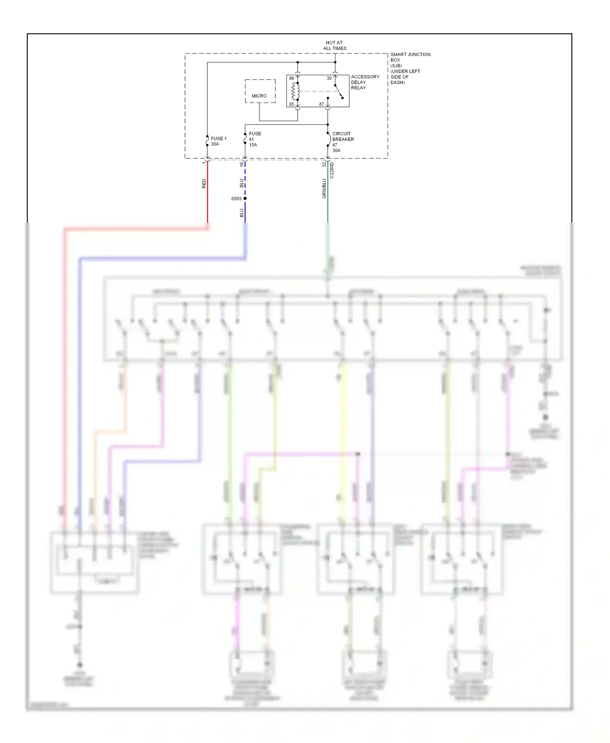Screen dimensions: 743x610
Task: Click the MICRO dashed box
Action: click(x=260, y=91)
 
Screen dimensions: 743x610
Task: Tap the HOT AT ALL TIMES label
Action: click(x=334, y=46)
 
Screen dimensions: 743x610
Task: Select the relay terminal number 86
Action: click(x=291, y=78)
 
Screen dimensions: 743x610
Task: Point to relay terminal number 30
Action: click(x=329, y=78)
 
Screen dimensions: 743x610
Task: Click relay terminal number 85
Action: click(x=291, y=104)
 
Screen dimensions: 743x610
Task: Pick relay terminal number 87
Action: click(x=321, y=104)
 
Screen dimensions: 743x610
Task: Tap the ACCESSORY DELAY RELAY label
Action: click(x=364, y=82)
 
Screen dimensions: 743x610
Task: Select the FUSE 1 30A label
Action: click(x=218, y=141)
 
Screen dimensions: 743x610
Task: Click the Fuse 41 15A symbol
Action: click(x=245, y=139)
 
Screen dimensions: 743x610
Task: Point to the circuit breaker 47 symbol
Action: click(x=328, y=139)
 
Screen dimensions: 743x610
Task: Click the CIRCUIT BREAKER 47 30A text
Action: click(x=342, y=142)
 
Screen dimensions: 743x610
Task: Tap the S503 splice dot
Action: click(x=245, y=198)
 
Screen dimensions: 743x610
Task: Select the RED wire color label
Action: click(x=204, y=184)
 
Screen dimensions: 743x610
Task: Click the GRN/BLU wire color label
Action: click(x=324, y=189)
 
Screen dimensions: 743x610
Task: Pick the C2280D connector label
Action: click(x=332, y=170)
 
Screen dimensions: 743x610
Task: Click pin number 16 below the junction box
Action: click(x=242, y=164)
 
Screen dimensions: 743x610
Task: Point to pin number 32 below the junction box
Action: click(x=324, y=165)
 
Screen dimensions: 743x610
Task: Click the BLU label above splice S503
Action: click(x=242, y=183)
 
